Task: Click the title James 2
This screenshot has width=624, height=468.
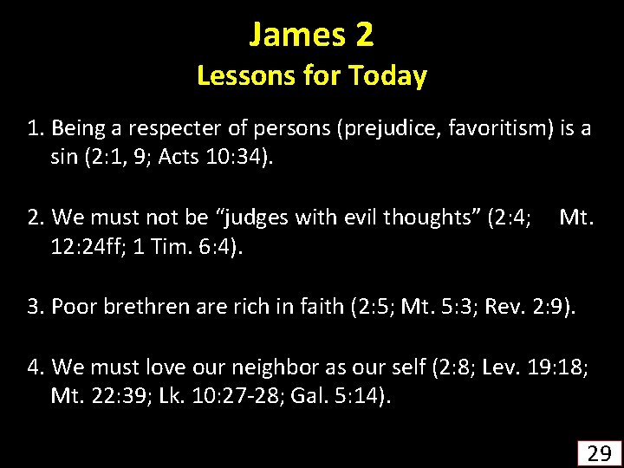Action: [311, 35]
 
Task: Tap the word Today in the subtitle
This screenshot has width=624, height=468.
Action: [387, 77]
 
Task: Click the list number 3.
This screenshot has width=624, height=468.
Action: [34, 306]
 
